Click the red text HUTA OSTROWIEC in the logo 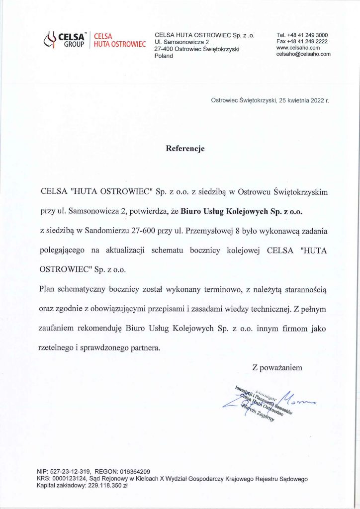pos(119,45)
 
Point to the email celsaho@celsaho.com pos(303,54)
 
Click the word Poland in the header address pos(164,56)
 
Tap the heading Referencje pos(185,148)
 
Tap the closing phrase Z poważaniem pos(277,368)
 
